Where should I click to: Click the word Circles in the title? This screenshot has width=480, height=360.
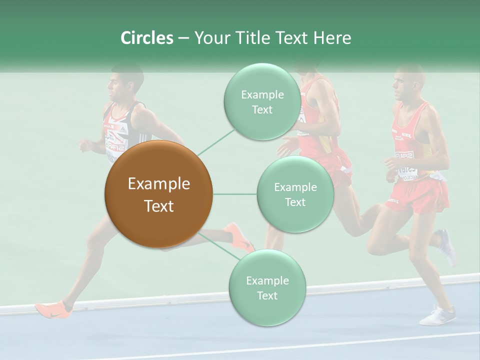[x=146, y=38]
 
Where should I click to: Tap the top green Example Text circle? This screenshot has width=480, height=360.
[x=262, y=102]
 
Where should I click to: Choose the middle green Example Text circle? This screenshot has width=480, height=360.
[x=295, y=194]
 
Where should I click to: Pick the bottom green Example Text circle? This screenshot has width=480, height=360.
[x=267, y=288]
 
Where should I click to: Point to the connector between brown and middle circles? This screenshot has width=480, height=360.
[x=235, y=194]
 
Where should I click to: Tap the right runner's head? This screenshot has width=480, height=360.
[x=408, y=83]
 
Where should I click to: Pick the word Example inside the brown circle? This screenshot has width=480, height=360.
[x=158, y=184]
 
